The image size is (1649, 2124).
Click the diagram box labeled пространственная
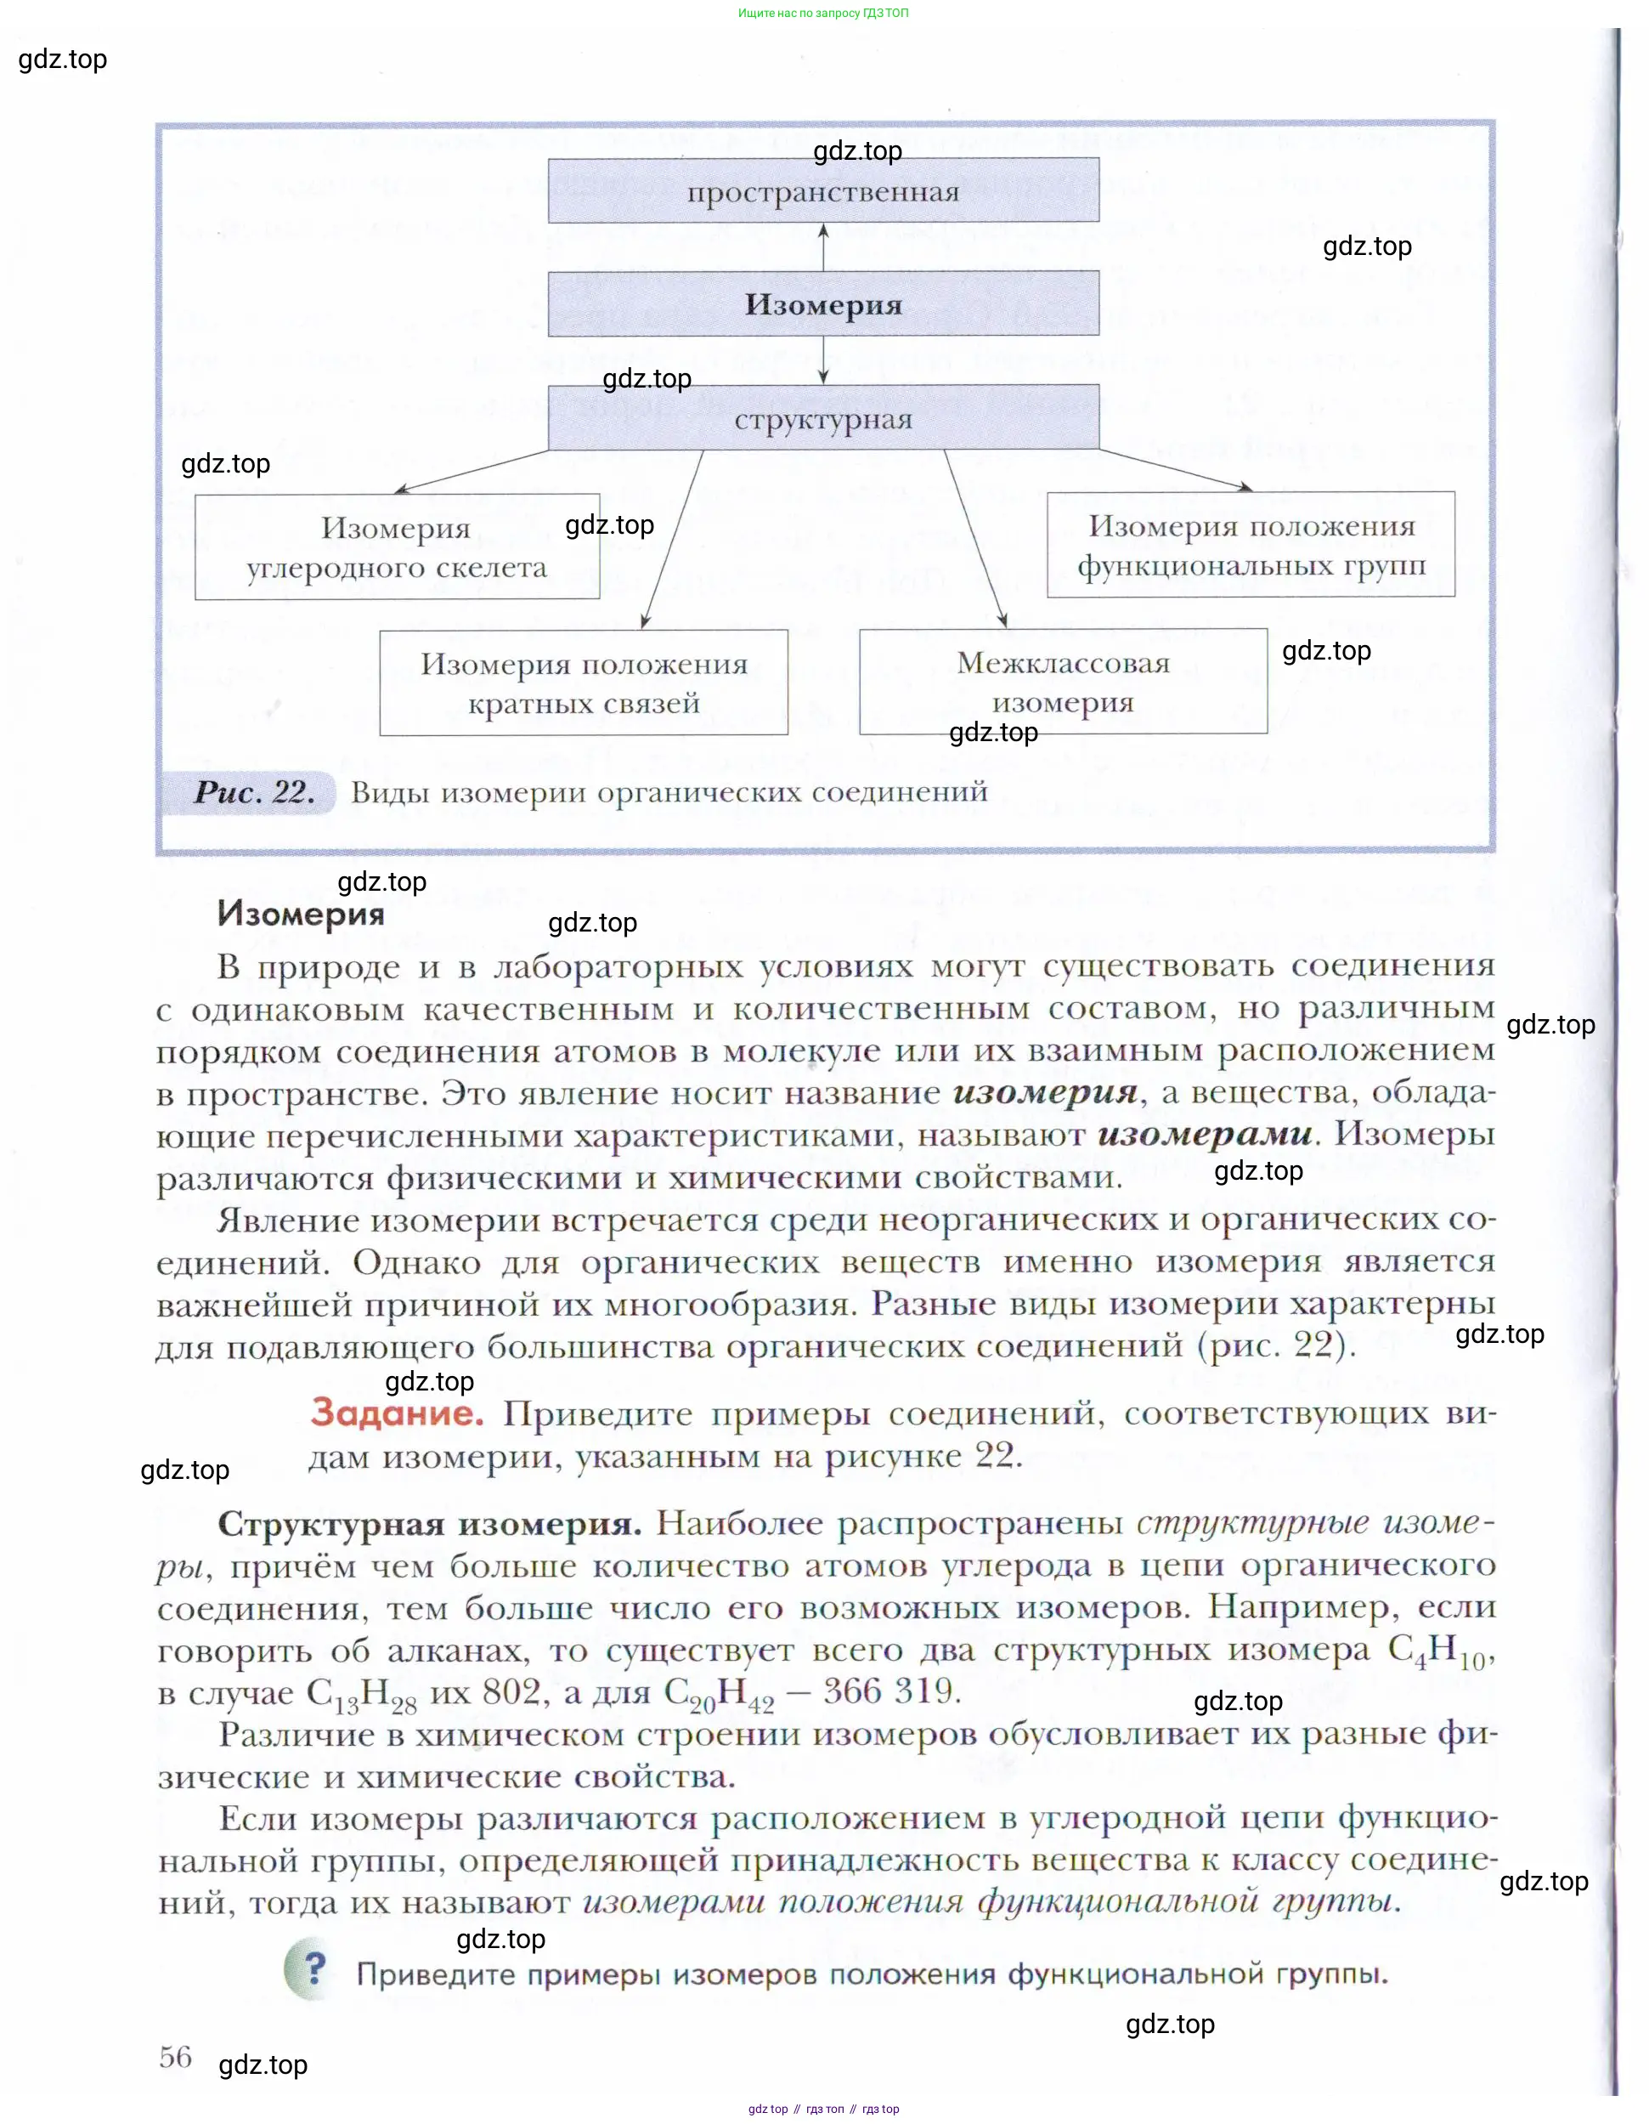pyautogui.click(x=822, y=190)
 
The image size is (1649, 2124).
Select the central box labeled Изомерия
pyautogui.click(x=822, y=304)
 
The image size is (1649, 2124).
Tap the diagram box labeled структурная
pyautogui.click(x=822, y=418)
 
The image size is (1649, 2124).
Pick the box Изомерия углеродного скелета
pyautogui.click(x=397, y=547)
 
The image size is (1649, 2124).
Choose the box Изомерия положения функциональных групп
pyautogui.click(x=1251, y=545)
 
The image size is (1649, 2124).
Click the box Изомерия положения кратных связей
pyautogui.click(x=584, y=683)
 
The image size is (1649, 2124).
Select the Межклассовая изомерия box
pyautogui.click(x=1063, y=682)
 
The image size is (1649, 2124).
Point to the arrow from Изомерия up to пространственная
pyautogui.click(x=823, y=247)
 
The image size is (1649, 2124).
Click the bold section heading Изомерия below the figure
pyautogui.click(x=302, y=915)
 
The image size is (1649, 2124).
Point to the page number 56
pyautogui.click(x=176, y=2057)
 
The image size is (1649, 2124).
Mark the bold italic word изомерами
pyautogui.click(x=1205, y=1135)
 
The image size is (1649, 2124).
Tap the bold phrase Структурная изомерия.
pyautogui.click(x=429, y=1524)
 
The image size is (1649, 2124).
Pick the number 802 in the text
pyautogui.click(x=511, y=1692)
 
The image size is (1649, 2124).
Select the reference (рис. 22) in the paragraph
pyautogui.click(x=1276, y=1346)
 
